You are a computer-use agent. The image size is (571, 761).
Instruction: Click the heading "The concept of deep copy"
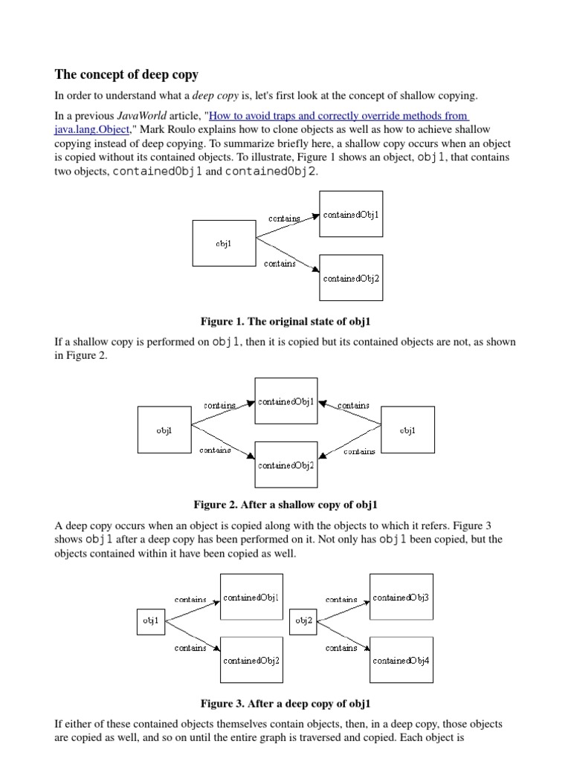(x=127, y=74)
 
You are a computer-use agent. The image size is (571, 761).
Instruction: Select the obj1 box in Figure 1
(x=224, y=243)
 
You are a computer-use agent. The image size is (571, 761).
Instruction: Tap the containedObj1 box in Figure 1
(x=351, y=214)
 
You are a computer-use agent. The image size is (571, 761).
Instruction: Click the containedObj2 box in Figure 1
(x=351, y=278)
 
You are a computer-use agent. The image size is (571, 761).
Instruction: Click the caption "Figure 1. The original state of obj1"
(x=285, y=321)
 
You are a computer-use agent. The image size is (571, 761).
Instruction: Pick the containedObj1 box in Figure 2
(x=286, y=401)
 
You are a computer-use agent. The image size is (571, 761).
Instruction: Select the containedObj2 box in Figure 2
(x=286, y=465)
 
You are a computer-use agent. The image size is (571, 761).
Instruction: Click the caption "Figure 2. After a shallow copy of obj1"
(x=285, y=505)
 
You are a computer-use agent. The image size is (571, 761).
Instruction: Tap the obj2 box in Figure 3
(x=304, y=622)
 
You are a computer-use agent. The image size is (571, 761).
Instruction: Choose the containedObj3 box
(x=401, y=597)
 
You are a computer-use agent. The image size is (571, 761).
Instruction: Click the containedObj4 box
(x=401, y=659)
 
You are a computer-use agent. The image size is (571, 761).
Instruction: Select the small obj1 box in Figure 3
(x=151, y=622)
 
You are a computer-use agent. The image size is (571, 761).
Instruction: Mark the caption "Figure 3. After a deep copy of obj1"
(x=285, y=703)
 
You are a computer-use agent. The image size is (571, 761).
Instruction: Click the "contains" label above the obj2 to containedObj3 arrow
(x=341, y=599)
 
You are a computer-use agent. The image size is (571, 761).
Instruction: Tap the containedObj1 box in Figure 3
(x=251, y=597)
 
